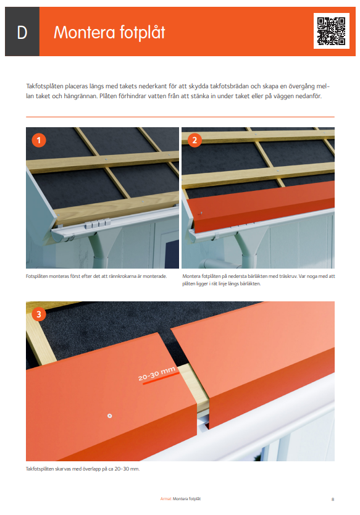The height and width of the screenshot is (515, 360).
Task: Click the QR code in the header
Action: [x=331, y=31]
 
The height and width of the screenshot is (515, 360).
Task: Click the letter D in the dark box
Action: [x=22, y=33]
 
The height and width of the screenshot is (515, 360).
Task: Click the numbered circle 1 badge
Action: [x=40, y=141]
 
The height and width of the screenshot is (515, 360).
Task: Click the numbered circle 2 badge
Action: [x=195, y=141]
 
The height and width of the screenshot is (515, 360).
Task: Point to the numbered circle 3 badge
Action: [x=40, y=315]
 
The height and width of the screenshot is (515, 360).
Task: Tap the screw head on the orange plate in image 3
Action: [x=109, y=416]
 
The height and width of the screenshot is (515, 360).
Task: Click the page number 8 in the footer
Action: [x=333, y=498]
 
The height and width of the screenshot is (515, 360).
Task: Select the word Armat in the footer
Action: [x=165, y=498]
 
